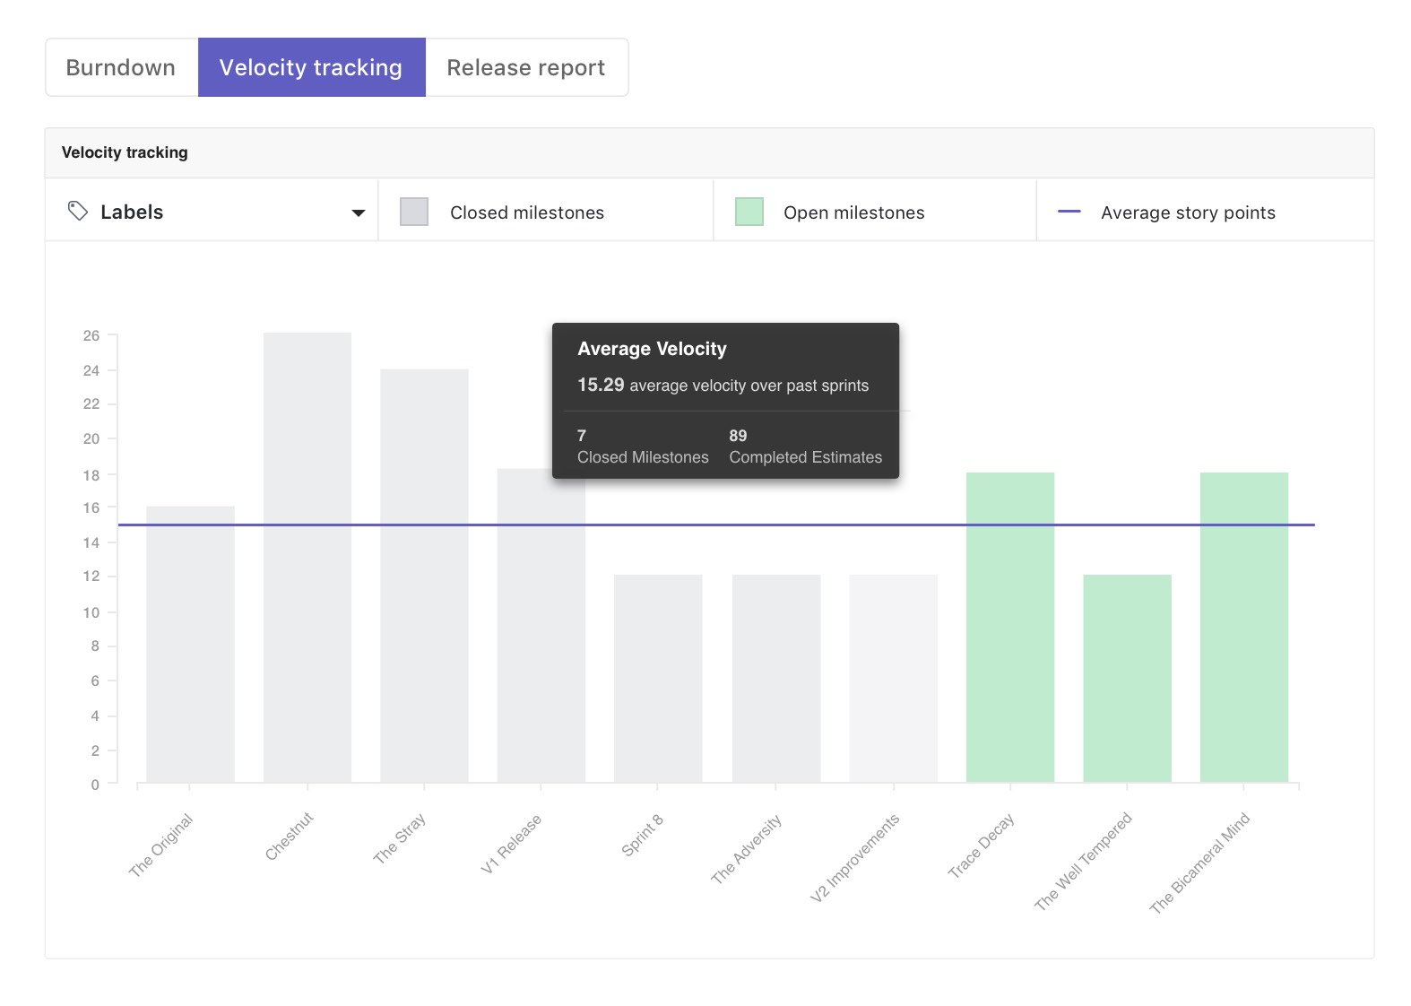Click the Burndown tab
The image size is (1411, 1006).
pos(121,67)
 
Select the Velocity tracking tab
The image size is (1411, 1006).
pos(311,67)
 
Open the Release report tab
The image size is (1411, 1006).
pos(526,67)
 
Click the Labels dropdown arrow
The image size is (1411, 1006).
pos(359,212)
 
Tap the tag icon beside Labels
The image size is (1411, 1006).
pos(78,211)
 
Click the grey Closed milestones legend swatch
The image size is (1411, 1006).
pos(413,212)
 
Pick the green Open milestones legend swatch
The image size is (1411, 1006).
pos(749,212)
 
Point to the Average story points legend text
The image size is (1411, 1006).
pos(1188,212)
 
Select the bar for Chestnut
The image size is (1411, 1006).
pos(307,556)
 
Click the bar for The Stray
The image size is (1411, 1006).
pos(424,574)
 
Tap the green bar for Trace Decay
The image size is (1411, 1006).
pos(1010,628)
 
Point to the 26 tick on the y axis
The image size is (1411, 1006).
pos(91,335)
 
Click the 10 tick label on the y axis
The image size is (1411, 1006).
pos(91,612)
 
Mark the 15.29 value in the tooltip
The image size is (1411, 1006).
pos(601,385)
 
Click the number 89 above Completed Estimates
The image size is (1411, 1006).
pos(738,436)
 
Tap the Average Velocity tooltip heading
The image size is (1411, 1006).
pos(652,349)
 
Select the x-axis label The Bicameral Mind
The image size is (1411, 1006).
pos(1200,863)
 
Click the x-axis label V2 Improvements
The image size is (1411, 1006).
pos(855,858)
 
